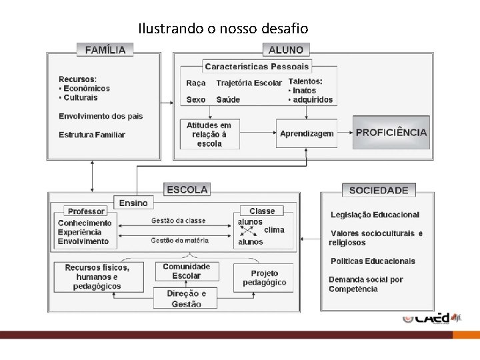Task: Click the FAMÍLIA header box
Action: pos(105,49)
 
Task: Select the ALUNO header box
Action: pos(285,49)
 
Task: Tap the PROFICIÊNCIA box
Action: pos(391,132)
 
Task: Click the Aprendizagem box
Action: pos(307,133)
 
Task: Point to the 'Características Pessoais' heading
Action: pos(257,67)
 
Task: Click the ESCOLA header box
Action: pos(187,190)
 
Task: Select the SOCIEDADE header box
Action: pos(379,190)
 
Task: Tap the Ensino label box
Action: pos(134,202)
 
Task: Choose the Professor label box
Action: pos(86,211)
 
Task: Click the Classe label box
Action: pos(262,211)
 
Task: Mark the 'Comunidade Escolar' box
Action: pos(187,271)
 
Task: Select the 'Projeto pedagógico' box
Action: pos(264,278)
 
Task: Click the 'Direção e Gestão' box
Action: pos(187,298)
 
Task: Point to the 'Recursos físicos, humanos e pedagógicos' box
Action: pos(98,277)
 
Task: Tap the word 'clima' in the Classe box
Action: pos(274,230)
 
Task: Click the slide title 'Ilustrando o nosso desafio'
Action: pos(223,29)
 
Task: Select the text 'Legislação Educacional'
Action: pos(375,215)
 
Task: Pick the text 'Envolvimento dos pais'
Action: pos(101,116)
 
